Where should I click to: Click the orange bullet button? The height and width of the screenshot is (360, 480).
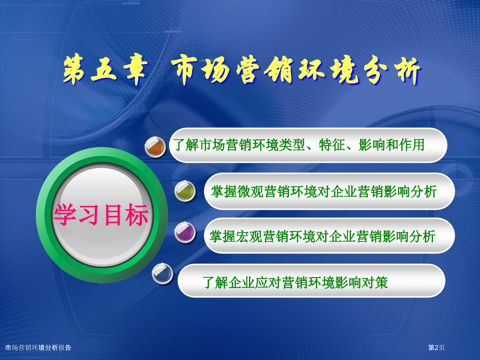point(155,147)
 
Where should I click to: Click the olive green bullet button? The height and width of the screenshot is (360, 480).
point(185,191)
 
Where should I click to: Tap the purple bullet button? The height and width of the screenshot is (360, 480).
point(185,232)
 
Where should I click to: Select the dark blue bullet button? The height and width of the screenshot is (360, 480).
point(163,274)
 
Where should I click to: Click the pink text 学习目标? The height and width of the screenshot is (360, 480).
point(101,215)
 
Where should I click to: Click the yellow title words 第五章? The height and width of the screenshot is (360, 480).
point(105,70)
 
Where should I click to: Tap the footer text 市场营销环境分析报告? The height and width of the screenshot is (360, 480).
point(38,347)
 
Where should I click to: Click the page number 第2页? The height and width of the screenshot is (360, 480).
point(436,347)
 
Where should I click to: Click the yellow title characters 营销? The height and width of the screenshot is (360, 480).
point(264,70)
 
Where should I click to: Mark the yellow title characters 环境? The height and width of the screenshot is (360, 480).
point(328,70)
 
